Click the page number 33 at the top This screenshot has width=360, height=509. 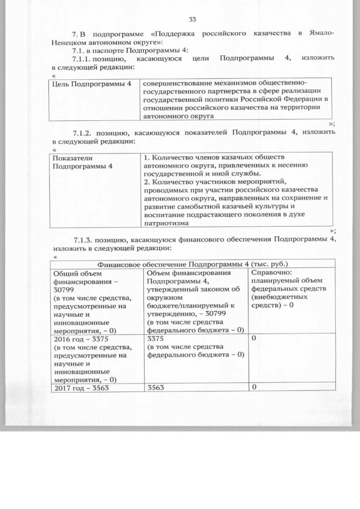click(x=192, y=20)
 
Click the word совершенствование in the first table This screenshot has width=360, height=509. click(x=175, y=84)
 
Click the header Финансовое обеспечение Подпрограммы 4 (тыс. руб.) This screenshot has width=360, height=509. click(x=193, y=263)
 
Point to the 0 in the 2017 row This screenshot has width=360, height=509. click(x=254, y=387)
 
